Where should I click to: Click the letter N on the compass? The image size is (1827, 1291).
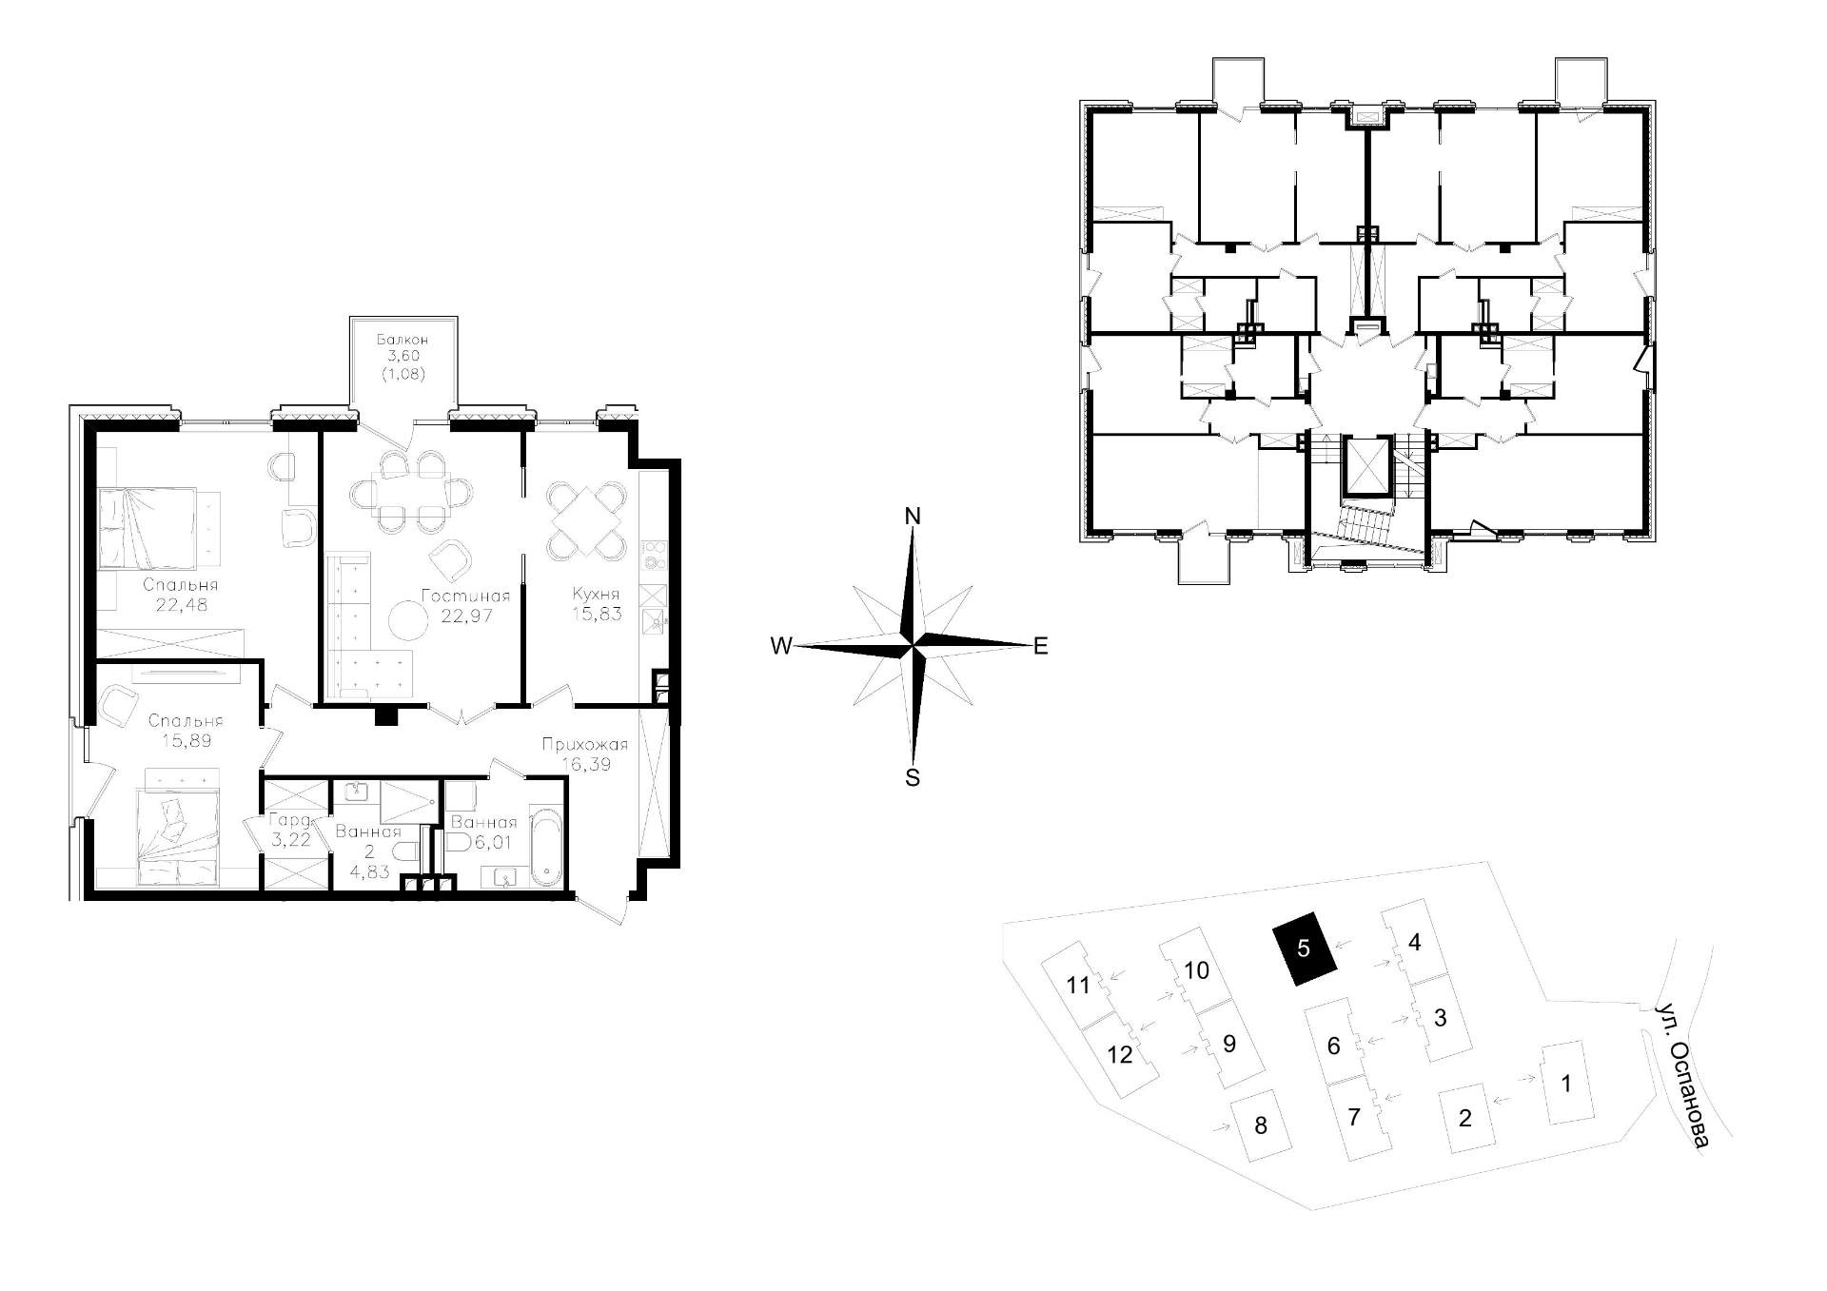click(913, 517)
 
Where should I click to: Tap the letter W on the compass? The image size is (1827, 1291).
click(781, 646)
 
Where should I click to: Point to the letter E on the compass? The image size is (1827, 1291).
click(1041, 646)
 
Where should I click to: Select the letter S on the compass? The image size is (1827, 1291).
click(913, 777)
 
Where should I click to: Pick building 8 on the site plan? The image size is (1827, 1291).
click(1261, 1126)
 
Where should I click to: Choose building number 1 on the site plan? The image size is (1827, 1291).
click(1566, 1083)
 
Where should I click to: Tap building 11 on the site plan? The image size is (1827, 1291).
click(1077, 985)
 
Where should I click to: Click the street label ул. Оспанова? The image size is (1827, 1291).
click(1681, 1074)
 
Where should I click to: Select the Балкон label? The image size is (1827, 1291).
click(402, 339)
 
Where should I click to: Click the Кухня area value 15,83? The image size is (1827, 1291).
click(597, 614)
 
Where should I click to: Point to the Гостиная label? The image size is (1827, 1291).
click(465, 597)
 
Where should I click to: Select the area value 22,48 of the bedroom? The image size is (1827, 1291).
click(181, 604)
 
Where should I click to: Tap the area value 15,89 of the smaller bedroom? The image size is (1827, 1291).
click(186, 740)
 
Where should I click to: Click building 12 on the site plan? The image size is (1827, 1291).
click(1120, 1054)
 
